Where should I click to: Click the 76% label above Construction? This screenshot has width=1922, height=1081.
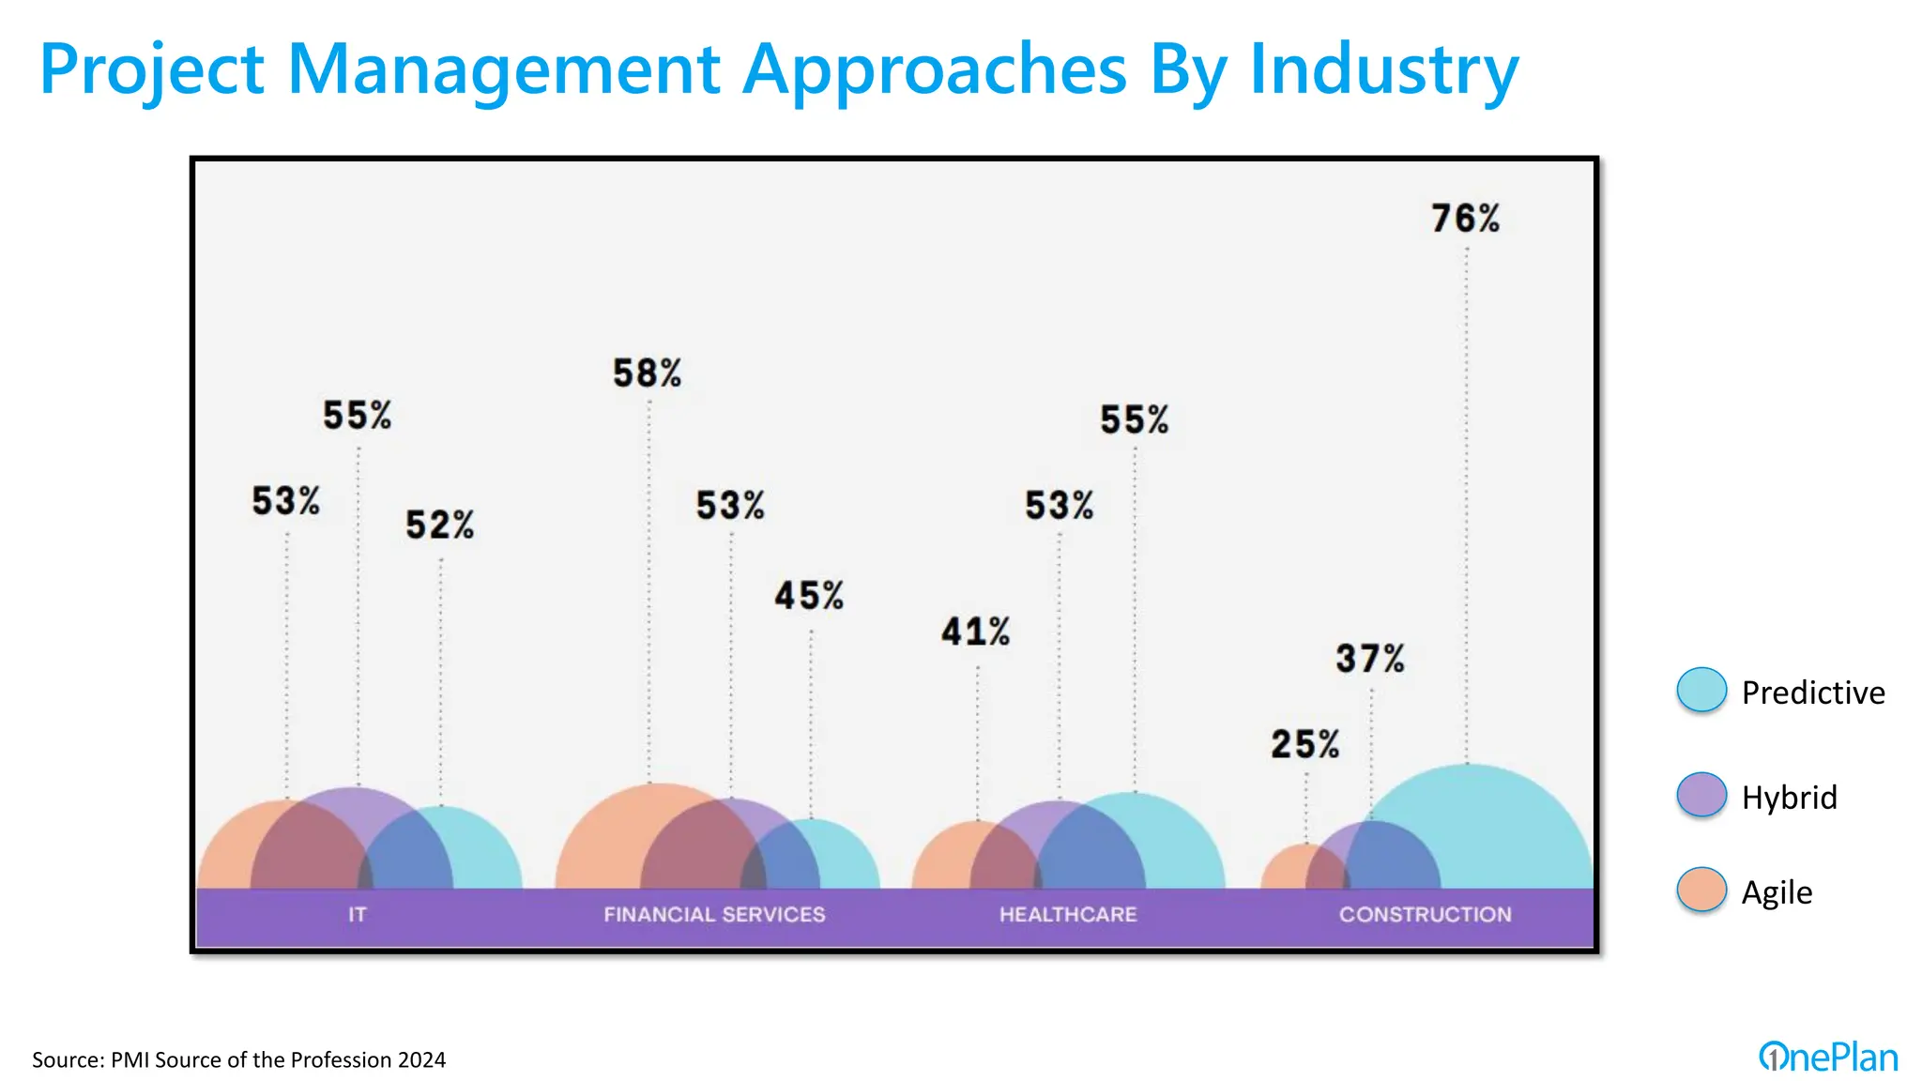[x=1465, y=219]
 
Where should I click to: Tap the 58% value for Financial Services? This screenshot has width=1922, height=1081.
[x=647, y=373]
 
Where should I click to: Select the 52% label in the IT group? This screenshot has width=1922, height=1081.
[x=439, y=525]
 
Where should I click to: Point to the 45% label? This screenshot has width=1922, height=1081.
[x=809, y=596]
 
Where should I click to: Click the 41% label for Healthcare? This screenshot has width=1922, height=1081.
[x=976, y=632]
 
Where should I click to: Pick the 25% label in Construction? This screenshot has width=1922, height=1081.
[x=1304, y=744]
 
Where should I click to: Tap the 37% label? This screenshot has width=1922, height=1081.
[x=1370, y=659]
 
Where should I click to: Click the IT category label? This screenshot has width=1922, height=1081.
[x=357, y=914]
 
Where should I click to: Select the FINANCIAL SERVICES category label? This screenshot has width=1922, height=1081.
[x=714, y=914]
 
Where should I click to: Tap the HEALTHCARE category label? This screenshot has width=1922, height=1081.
[x=1068, y=914]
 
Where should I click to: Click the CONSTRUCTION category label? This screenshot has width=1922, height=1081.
[x=1425, y=914]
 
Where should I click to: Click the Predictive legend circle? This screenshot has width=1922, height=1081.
[x=1701, y=691]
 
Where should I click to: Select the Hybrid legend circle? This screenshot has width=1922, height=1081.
[x=1701, y=796]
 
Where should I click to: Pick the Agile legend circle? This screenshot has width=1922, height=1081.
[x=1701, y=891]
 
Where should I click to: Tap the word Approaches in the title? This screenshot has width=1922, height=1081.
[x=934, y=69]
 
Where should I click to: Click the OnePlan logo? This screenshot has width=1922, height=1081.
[x=1828, y=1058]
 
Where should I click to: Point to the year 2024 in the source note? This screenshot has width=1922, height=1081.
[x=421, y=1060]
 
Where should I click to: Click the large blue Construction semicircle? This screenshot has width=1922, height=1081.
[x=1502, y=826]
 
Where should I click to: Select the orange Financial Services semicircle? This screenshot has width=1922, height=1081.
[x=601, y=845]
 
